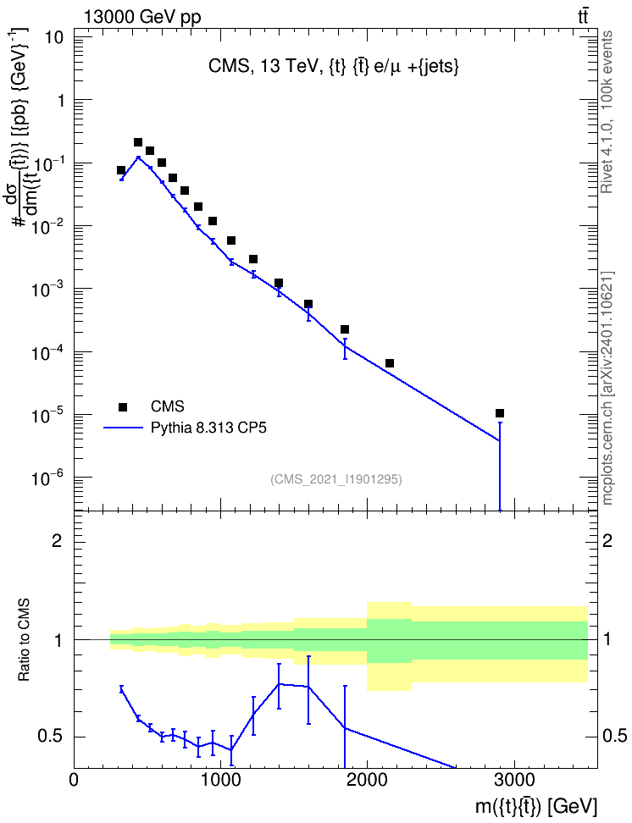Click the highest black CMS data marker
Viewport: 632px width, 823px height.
click(138, 142)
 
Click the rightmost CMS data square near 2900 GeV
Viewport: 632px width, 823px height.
click(500, 413)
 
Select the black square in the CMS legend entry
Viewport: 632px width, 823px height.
click(123, 406)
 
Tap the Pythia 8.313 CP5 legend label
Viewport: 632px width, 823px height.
click(208, 428)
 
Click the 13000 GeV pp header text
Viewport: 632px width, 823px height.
click(142, 17)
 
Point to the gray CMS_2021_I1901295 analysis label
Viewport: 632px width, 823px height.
click(336, 479)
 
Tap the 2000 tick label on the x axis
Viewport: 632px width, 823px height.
click(367, 780)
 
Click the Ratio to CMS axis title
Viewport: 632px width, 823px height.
click(25, 640)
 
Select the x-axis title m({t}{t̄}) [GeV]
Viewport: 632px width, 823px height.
click(536, 806)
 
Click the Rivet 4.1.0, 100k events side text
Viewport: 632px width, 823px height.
click(607, 112)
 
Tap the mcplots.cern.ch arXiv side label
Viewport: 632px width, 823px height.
click(607, 389)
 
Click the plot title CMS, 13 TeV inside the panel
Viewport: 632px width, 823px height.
click(334, 66)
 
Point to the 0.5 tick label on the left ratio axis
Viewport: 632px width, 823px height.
click(51, 737)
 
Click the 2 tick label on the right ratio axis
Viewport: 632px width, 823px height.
click(607, 541)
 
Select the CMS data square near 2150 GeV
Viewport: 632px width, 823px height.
click(390, 363)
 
